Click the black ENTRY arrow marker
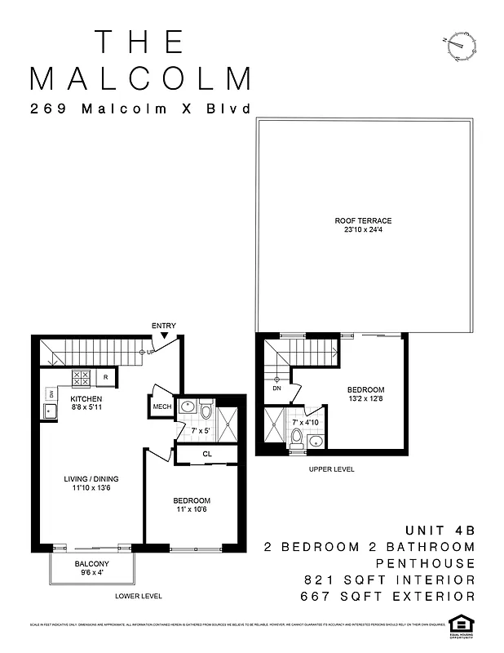(164, 335)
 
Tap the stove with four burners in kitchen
(82, 378)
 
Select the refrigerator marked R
(105, 378)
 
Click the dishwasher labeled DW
(50, 393)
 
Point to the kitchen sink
(50, 410)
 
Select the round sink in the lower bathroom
(187, 405)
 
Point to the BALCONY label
(92, 563)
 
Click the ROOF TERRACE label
(363, 220)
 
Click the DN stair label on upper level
(276, 389)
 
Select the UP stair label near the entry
(150, 352)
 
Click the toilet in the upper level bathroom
(296, 439)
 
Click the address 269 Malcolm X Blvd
(139, 109)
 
